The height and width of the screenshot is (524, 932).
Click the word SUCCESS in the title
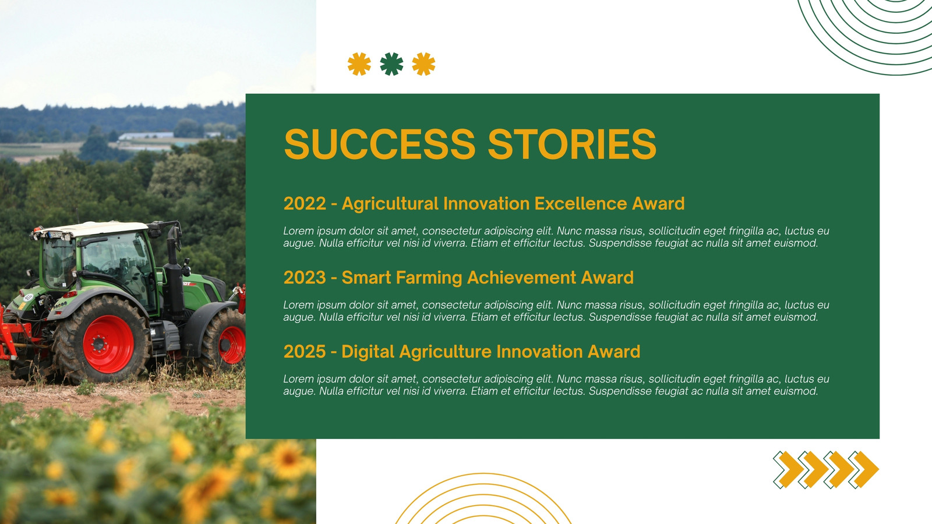tap(379, 144)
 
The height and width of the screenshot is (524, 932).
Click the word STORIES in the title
tap(572, 144)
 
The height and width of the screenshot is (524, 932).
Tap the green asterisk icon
tap(391, 64)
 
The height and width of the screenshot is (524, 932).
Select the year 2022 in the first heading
tap(305, 204)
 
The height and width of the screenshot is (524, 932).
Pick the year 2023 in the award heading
tap(305, 278)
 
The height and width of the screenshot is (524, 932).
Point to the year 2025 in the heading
tap(305, 352)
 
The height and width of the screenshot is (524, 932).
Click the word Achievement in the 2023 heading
tap(521, 278)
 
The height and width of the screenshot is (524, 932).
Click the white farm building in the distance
tap(146, 135)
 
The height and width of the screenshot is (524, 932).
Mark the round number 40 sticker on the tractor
tap(29, 298)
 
